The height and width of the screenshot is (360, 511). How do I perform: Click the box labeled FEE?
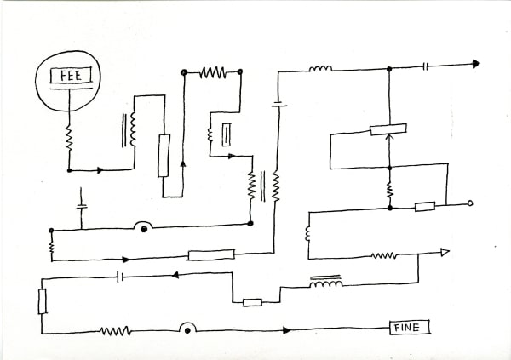tap(68, 77)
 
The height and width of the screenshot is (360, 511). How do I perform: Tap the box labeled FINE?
tap(410, 327)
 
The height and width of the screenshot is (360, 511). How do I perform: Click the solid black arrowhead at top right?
tap(475, 64)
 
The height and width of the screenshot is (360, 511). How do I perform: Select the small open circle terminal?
tap(470, 204)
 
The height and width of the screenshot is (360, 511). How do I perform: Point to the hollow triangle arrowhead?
tap(444, 252)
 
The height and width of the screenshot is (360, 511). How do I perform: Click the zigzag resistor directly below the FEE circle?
tap(68, 136)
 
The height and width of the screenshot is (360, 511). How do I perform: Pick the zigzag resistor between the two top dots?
tap(212, 73)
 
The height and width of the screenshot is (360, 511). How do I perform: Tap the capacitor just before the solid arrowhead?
tap(426, 65)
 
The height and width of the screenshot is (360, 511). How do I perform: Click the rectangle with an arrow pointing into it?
tap(388, 130)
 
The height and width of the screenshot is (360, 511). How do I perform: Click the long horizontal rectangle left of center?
tap(210, 254)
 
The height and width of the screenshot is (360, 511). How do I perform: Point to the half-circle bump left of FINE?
tap(187, 328)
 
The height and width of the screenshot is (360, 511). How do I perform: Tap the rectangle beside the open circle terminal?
tap(424, 206)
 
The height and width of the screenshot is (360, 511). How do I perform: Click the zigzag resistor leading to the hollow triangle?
tap(382, 254)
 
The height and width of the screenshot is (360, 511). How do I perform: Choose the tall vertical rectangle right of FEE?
tap(164, 155)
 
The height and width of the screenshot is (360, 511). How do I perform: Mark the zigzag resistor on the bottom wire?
tap(115, 330)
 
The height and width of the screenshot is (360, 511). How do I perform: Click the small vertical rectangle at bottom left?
tap(42, 301)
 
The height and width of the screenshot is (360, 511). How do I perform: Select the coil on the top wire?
tap(320, 68)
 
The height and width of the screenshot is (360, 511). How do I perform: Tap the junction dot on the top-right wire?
tap(389, 66)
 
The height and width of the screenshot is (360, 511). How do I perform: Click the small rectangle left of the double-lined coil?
tap(251, 301)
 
